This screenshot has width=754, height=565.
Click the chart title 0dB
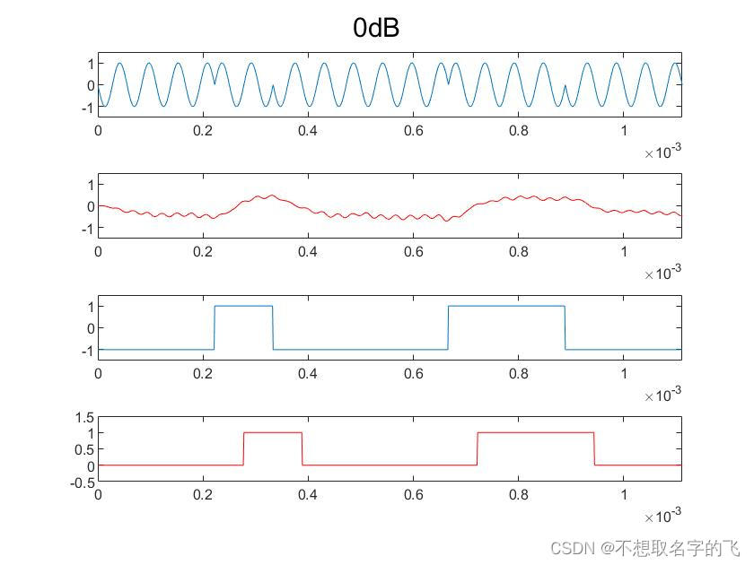coord(376,29)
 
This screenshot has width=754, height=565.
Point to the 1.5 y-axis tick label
coord(85,418)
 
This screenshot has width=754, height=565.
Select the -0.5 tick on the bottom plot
coord(83,482)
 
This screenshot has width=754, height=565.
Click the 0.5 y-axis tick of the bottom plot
coord(85,450)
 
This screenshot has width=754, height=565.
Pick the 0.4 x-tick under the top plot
coord(308,131)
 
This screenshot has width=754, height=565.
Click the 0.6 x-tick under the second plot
coord(413,252)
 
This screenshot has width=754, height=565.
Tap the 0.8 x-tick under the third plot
coord(518,373)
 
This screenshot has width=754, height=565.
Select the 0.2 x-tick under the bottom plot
coord(203,494)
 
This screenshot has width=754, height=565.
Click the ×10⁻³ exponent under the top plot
coord(662,153)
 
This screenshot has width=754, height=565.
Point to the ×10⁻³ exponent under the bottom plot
coord(662,517)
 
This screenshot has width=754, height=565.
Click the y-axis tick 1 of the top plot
coord(91,64)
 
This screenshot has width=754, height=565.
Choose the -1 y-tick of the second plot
coord(87,229)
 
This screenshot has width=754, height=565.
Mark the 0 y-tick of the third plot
coord(91,328)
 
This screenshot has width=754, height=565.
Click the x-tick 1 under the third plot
coord(624,373)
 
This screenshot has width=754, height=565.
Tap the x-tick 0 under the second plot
coord(98,252)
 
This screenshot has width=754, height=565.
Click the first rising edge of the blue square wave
coord(215,327)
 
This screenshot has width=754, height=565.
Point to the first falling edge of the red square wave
coord(302,448)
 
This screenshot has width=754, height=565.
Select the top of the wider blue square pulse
coord(506,307)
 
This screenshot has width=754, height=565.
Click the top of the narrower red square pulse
coord(273,433)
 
